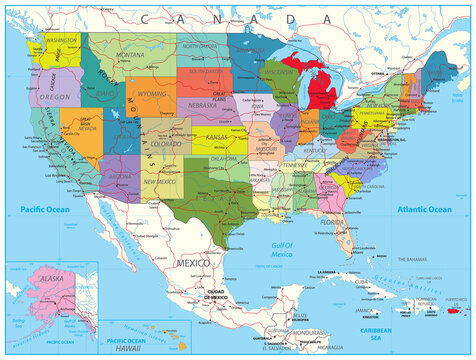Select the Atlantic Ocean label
(x=424, y=209)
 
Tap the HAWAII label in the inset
(x=128, y=348)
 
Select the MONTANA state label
(x=131, y=54)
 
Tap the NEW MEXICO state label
(x=160, y=182)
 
